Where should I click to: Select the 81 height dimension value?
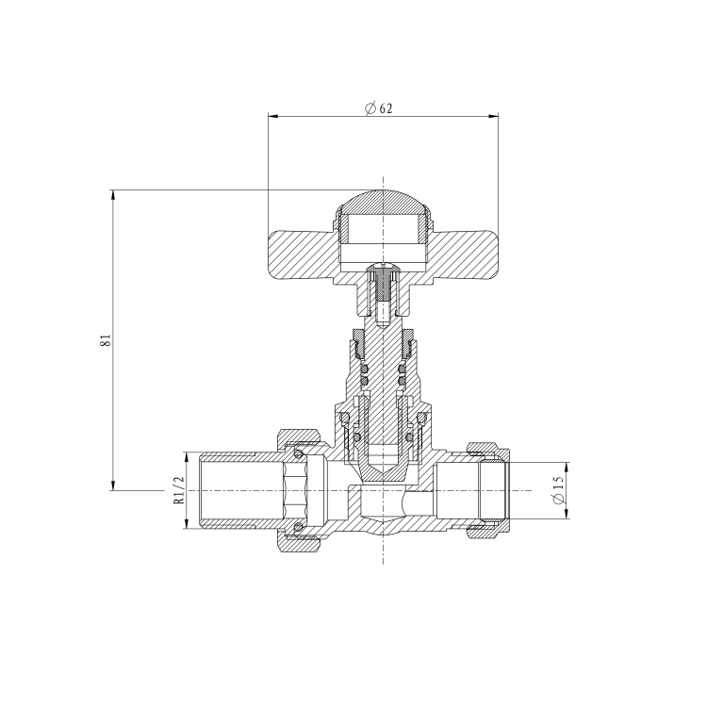[107, 340]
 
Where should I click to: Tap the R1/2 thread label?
[178, 490]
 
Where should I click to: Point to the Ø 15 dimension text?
[558, 490]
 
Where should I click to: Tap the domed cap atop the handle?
[383, 202]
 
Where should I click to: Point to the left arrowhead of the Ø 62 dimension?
[273, 117]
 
